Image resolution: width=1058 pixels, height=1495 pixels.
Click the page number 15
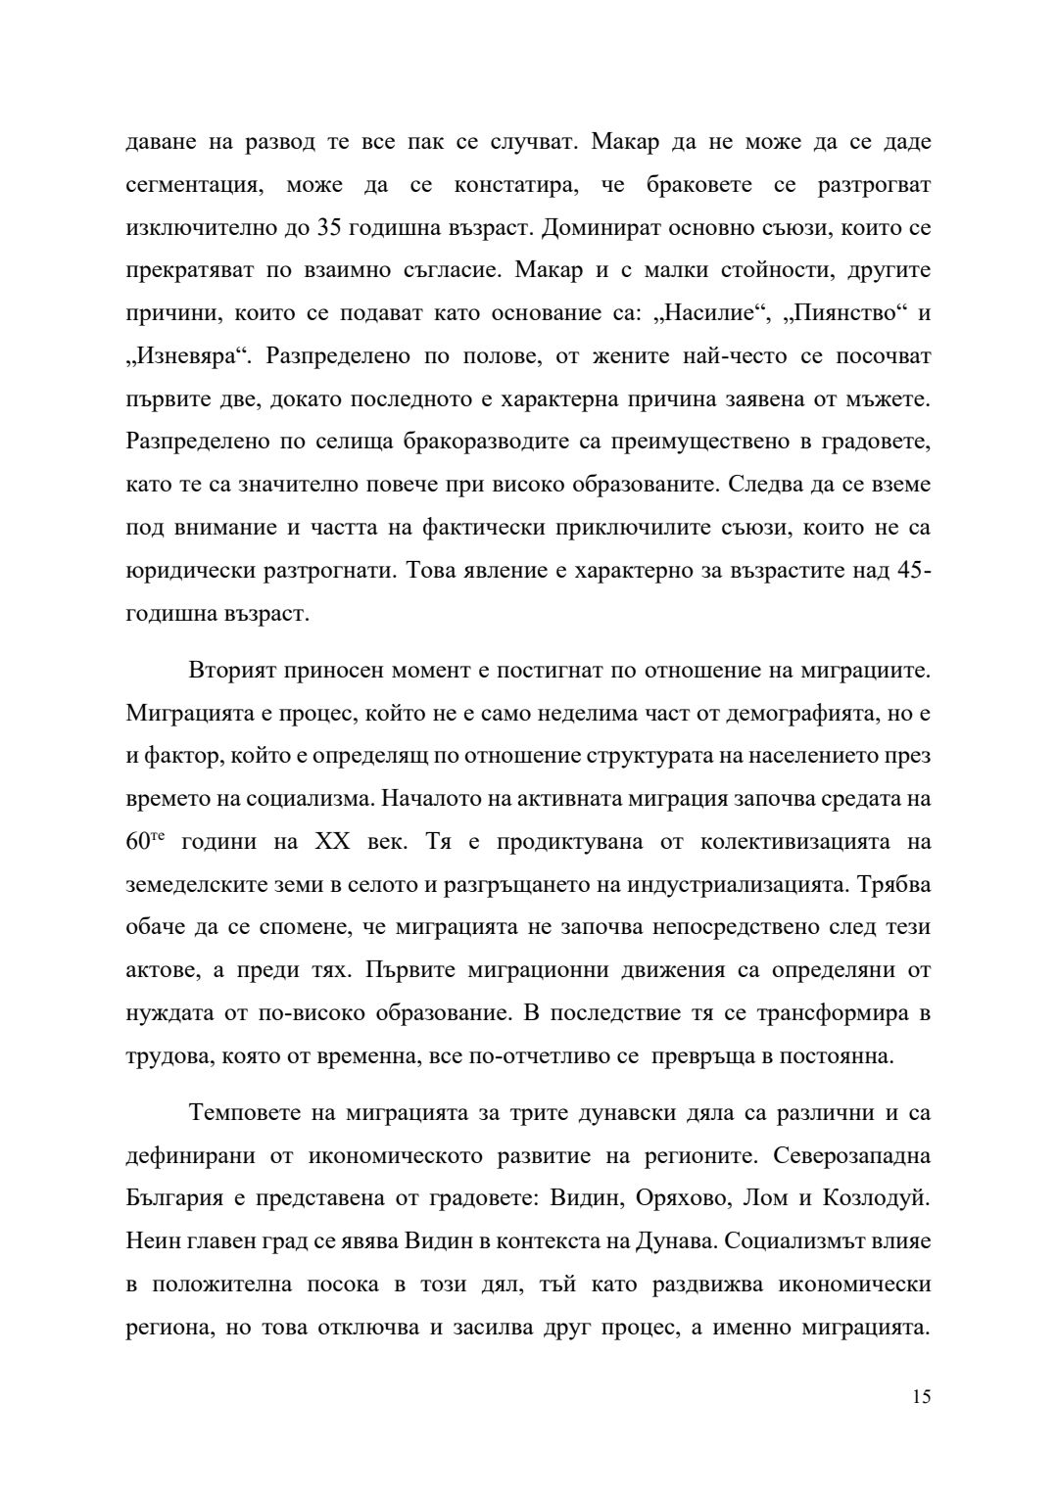[921, 1397]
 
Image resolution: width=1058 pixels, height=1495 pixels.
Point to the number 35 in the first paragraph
[331, 228]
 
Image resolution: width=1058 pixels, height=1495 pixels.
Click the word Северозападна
[851, 1156]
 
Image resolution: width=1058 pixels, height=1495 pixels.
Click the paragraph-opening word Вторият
[233, 671]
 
